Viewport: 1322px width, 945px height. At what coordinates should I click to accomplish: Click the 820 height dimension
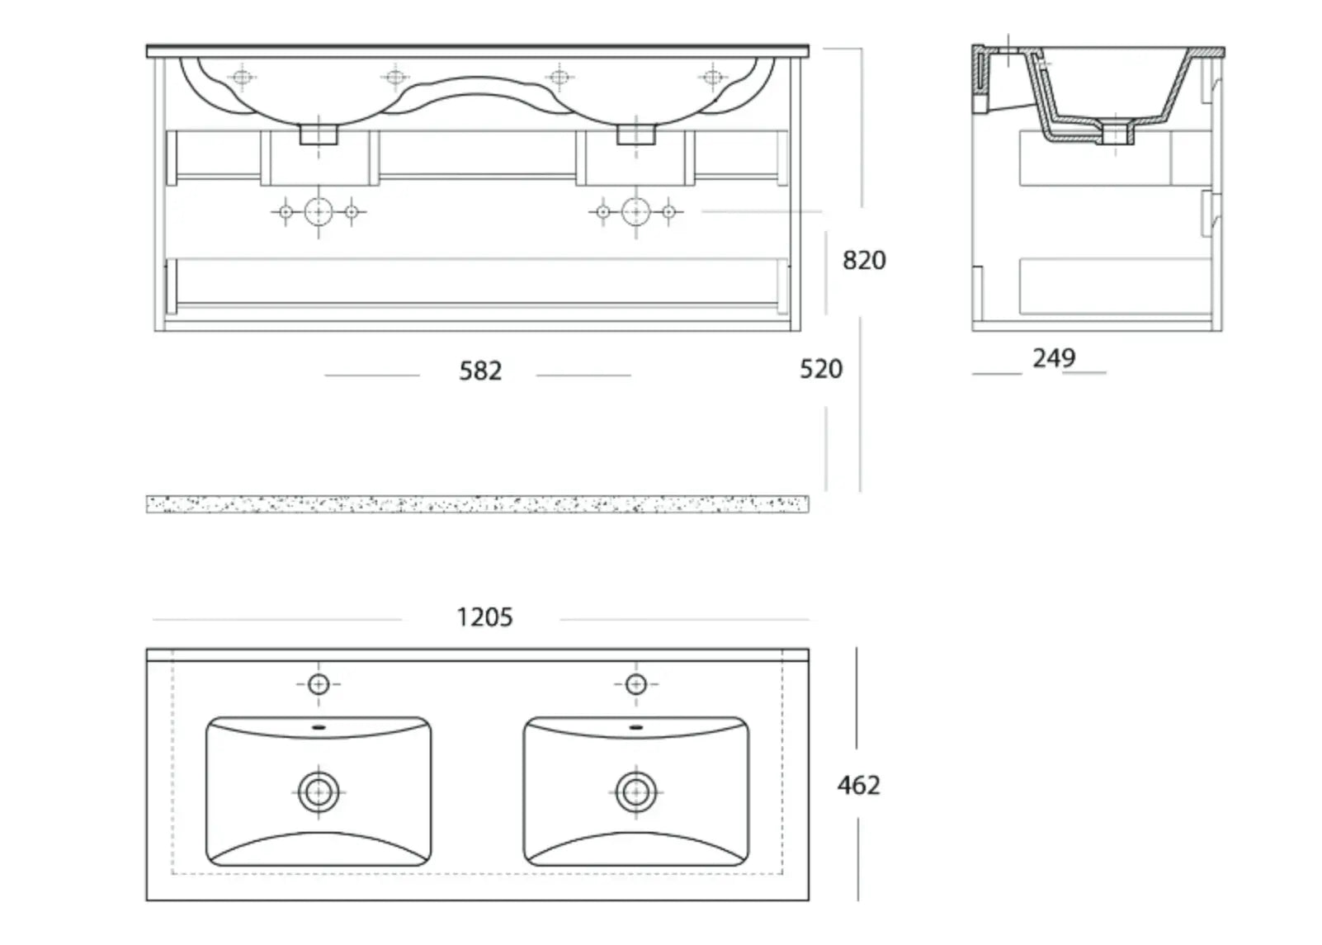pos(864,260)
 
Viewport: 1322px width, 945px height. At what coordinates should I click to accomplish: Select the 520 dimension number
pos(821,369)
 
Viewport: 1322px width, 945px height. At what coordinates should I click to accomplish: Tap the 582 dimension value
pos(480,371)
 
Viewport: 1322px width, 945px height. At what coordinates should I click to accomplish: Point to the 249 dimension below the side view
pos(1054,357)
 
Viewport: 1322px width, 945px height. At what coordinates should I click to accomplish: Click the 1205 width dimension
pos(485,617)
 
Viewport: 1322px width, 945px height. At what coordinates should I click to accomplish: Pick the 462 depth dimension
pos(859,785)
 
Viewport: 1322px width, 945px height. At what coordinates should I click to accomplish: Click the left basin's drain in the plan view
pos(319,792)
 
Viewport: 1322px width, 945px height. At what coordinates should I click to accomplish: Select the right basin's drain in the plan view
pos(636,792)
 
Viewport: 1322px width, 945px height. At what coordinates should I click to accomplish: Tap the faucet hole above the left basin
pos(319,685)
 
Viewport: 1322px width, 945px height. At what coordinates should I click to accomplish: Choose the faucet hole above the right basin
pos(636,685)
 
